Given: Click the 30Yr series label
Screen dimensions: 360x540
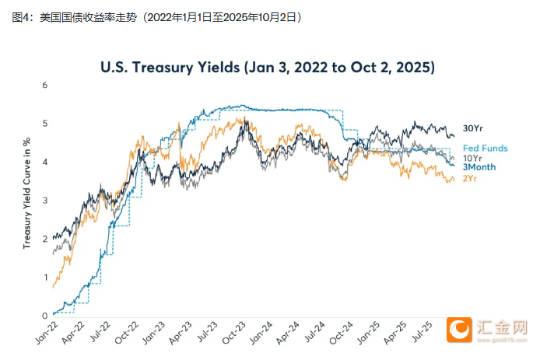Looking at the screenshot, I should pos(474,128).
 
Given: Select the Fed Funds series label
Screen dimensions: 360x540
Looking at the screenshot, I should pos(485,148).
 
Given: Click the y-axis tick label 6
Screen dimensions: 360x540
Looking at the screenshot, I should pos(45,85).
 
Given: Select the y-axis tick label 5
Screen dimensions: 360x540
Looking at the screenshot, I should pos(45,123).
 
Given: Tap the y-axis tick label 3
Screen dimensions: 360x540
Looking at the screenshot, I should pos(45,200).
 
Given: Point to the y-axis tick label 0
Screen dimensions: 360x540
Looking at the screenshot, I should pos(45,316).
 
